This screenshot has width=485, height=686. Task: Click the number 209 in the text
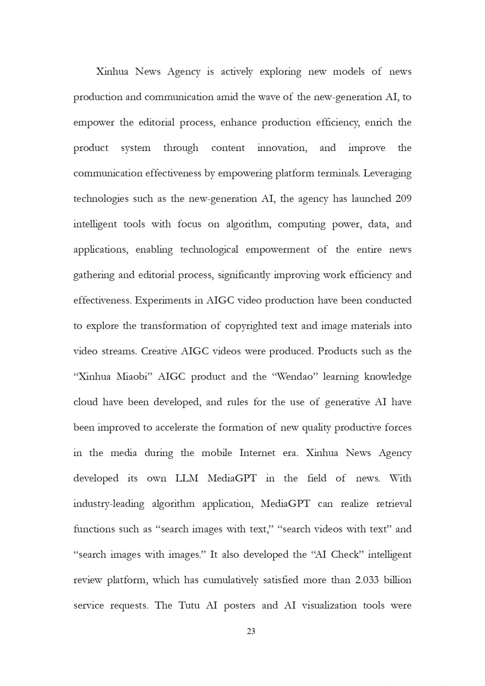click(x=403, y=199)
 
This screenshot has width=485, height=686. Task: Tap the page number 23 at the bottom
click(x=251, y=631)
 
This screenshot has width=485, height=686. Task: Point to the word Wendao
click(x=292, y=376)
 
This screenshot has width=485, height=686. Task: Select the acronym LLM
click(x=187, y=478)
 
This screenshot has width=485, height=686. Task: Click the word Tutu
click(x=189, y=606)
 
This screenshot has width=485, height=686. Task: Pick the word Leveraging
click(x=387, y=173)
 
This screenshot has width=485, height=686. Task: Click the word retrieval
click(x=394, y=504)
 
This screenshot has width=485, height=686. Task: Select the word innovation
click(x=282, y=148)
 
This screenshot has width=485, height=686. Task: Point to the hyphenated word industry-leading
click(x=109, y=504)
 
